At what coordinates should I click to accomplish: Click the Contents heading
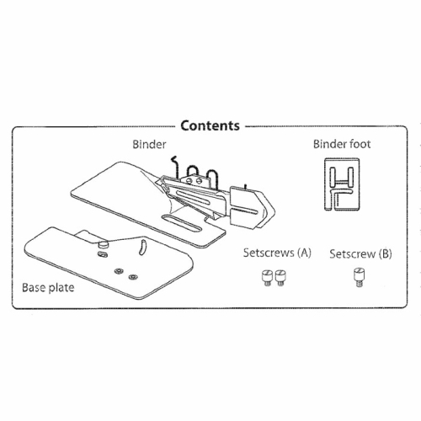tap(210, 125)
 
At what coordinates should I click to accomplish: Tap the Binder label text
tap(149, 144)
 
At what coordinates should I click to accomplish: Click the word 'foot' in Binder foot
tap(360, 144)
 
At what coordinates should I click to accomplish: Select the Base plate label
tap(48, 288)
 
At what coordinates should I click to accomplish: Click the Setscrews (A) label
tap(277, 253)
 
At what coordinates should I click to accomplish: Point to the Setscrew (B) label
tap(360, 253)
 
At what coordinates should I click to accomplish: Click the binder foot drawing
tap(342, 184)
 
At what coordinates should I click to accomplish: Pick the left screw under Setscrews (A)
tap(267, 278)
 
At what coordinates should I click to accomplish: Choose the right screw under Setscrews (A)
tap(280, 278)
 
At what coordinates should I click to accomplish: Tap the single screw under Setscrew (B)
tap(359, 277)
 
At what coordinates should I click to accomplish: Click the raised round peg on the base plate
tap(104, 244)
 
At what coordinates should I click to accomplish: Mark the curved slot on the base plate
tap(143, 247)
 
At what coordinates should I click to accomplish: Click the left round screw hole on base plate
tap(119, 271)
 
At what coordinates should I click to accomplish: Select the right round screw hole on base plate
tap(132, 277)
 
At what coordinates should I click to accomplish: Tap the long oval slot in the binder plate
tap(182, 223)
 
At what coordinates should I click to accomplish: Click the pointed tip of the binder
tap(274, 210)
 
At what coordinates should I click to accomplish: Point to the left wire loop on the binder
tap(193, 172)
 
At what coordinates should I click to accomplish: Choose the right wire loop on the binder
tap(211, 176)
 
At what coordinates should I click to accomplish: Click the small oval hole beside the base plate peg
tap(103, 254)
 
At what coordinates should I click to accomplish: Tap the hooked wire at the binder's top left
tap(175, 166)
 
